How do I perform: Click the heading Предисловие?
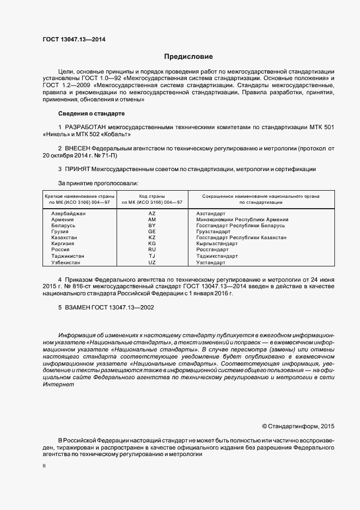[188, 57]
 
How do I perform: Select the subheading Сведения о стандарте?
[91, 113]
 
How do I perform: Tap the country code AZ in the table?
[152, 213]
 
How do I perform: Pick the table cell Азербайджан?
[69, 213]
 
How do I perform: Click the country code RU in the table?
[152, 250]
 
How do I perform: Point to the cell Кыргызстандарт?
[217, 244]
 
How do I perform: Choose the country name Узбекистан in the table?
[66, 262]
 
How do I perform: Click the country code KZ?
[152, 238]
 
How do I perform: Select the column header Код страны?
[152, 196]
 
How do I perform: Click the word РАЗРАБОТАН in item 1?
[87, 127]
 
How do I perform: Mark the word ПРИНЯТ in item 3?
[77, 169]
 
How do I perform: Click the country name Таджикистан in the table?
[68, 256]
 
